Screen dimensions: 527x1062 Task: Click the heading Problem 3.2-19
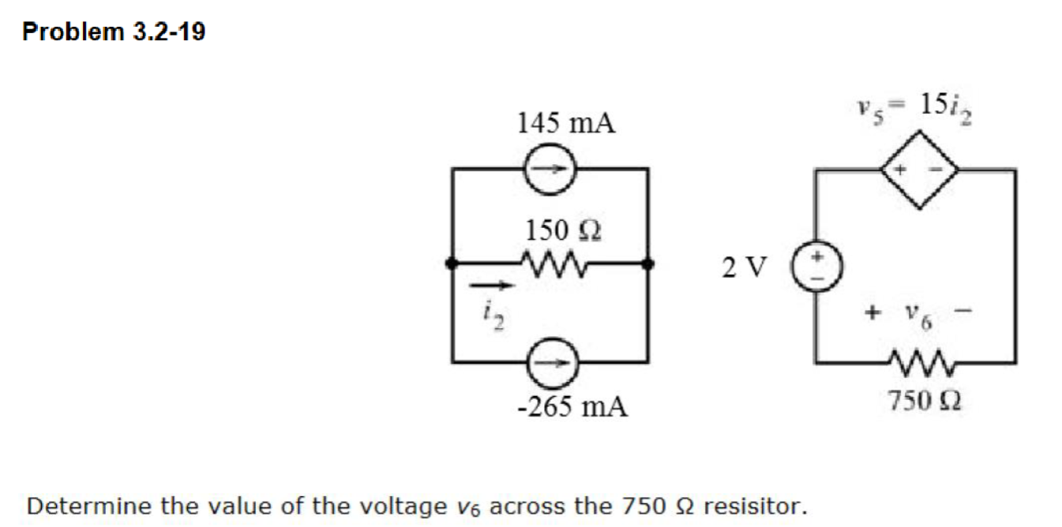pos(114,32)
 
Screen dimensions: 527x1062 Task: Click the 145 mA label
pos(566,123)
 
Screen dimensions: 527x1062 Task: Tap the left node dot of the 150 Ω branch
pos(451,265)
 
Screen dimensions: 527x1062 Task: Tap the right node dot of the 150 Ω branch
pos(648,265)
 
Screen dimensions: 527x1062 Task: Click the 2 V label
pos(743,268)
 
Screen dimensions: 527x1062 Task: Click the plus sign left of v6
pos(872,313)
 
